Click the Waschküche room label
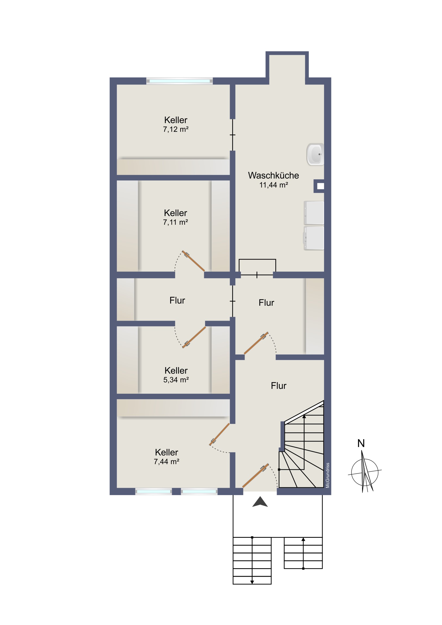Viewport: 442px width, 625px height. point(273,176)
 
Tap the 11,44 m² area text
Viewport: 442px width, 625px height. point(274,185)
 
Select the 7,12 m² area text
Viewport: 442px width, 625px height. point(176,129)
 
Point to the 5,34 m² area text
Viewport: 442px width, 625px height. point(176,380)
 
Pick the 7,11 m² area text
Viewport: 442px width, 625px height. point(175,222)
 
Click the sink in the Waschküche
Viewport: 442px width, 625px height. point(315,154)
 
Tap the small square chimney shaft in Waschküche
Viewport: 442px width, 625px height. point(319,186)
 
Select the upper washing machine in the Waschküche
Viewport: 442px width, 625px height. point(314,213)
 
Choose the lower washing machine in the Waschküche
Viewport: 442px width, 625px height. point(314,238)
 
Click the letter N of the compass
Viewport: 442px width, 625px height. point(361,443)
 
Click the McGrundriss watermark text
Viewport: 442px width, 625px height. point(328,475)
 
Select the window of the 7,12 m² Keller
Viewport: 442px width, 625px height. point(179,81)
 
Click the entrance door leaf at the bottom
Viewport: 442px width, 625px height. point(256,475)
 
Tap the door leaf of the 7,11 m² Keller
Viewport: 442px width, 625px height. point(193,261)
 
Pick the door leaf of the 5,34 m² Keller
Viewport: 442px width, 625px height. point(194,337)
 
